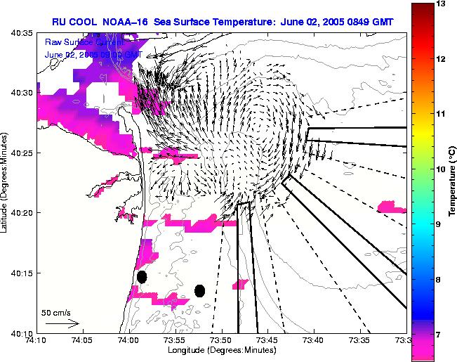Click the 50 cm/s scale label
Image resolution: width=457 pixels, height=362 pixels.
click(x=55, y=311)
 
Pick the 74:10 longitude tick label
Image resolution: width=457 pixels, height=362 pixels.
click(x=37, y=340)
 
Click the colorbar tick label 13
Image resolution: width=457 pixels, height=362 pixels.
click(x=442, y=4)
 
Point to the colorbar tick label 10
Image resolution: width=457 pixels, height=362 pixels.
click(x=442, y=169)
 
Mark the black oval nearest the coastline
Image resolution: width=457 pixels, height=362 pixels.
click(x=142, y=277)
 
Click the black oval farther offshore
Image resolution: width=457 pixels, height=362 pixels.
click(x=200, y=290)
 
